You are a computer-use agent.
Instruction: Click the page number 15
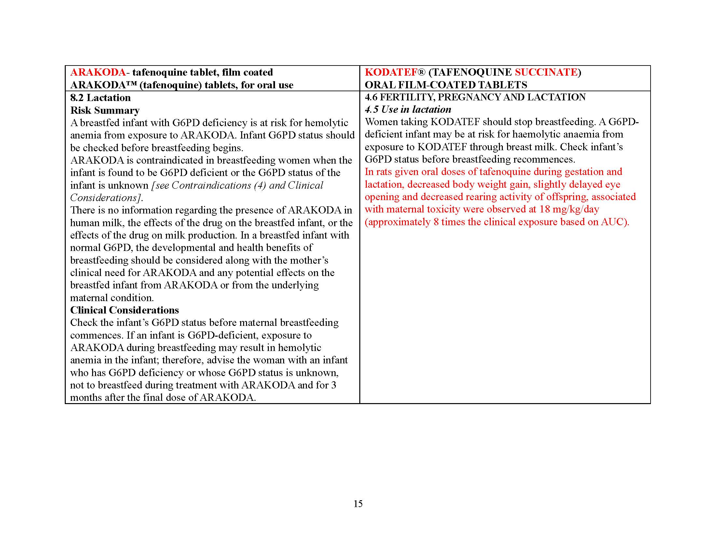pyautogui.click(x=358, y=504)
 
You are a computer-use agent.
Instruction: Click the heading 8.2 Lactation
pyautogui.click(x=100, y=98)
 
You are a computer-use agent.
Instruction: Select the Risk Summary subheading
pyautogui.click(x=105, y=110)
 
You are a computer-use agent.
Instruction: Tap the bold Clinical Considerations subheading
pyautogui.click(x=125, y=310)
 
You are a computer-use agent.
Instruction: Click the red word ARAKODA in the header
pyautogui.click(x=98, y=72)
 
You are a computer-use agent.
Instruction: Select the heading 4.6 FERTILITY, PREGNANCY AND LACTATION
pyautogui.click(x=475, y=97)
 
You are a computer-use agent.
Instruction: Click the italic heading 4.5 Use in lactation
pyautogui.click(x=408, y=109)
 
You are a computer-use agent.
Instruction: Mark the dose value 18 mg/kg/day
pyautogui.click(x=570, y=209)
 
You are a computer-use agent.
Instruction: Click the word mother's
pyautogui.click(x=308, y=260)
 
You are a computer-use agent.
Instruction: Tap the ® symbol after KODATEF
pyautogui.click(x=421, y=72)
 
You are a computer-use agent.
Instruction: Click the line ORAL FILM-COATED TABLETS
pyautogui.click(x=446, y=85)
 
